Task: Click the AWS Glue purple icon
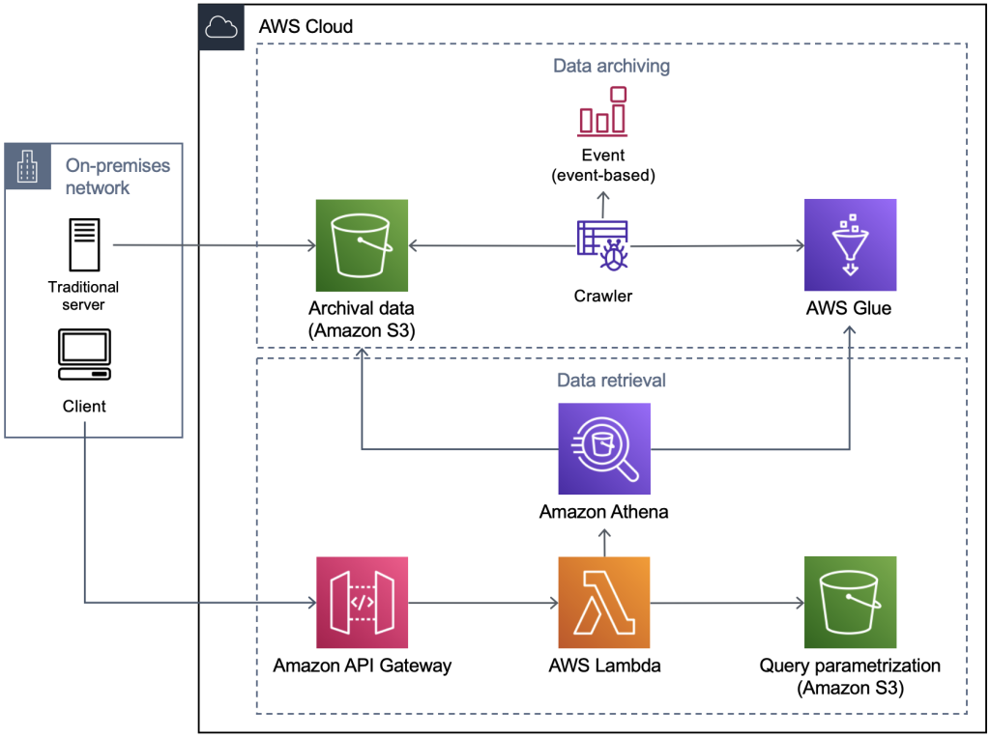pos(850,244)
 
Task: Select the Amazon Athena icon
pos(604,448)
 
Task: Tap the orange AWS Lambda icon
pos(604,602)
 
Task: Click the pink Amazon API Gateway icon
pos(362,602)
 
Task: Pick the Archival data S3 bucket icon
pos(362,244)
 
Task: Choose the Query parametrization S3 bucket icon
pos(850,602)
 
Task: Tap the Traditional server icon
pos(84,244)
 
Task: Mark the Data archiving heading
pos(611,67)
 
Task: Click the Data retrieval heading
pos(611,381)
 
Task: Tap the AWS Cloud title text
pos(306,26)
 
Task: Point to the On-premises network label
pos(117,176)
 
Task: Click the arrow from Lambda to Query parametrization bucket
pos(727,603)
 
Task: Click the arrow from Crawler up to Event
pos(603,203)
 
